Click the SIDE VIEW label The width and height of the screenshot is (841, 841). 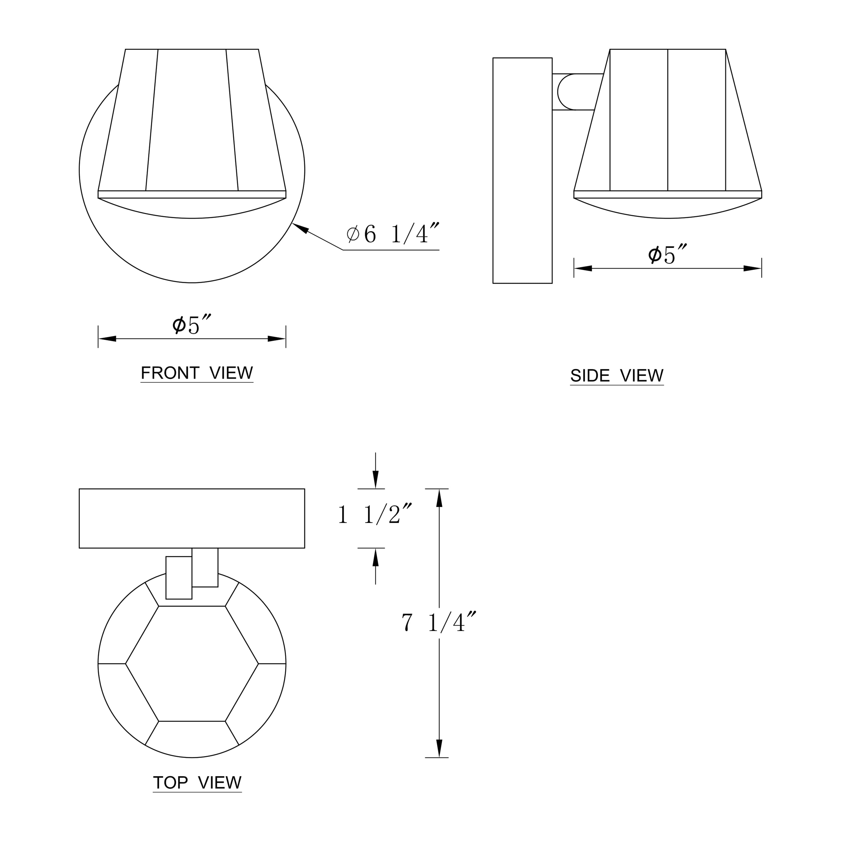(x=617, y=375)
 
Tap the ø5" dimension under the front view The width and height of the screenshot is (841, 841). (x=192, y=325)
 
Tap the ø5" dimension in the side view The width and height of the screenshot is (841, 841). (x=667, y=255)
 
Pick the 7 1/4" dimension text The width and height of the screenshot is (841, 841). (x=439, y=622)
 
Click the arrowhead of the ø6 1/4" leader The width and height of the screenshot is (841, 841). (x=300, y=228)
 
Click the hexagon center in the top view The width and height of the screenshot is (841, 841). (x=192, y=664)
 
